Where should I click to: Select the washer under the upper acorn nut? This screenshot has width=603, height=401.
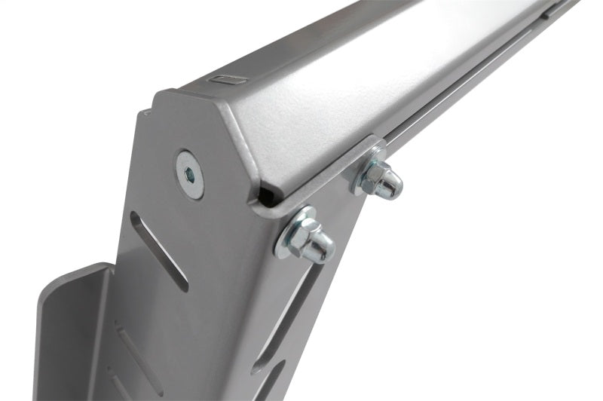click(360, 175)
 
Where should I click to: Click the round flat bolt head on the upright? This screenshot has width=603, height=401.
click(190, 175)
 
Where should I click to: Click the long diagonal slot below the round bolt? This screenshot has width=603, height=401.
click(158, 249)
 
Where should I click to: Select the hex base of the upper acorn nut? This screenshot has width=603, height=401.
click(375, 179)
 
